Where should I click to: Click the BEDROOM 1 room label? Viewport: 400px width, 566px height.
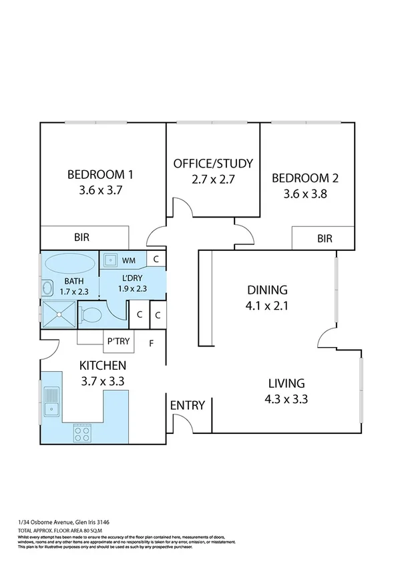coord(100,175)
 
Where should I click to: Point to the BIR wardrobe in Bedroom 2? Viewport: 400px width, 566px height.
coord(325,238)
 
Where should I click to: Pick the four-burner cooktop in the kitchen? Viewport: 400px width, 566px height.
coord(82,434)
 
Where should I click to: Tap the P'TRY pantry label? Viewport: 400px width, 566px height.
coord(119,343)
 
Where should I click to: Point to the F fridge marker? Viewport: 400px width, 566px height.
coord(152,344)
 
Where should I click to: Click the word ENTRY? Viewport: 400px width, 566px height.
coord(187,405)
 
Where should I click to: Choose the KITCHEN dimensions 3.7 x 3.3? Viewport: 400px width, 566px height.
coord(103,381)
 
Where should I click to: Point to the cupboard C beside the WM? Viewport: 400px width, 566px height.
coord(156,259)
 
